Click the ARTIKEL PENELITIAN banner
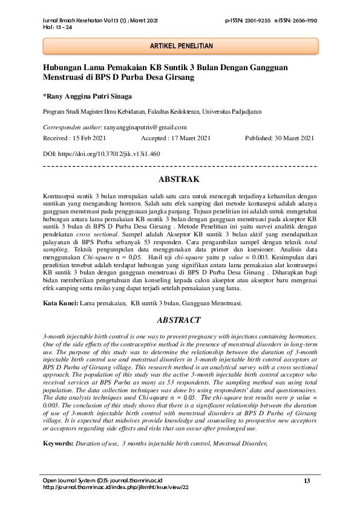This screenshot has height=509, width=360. coord(180,46)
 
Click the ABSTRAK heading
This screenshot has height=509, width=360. coord(180,180)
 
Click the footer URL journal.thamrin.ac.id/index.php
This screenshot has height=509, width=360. coord(115,487)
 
